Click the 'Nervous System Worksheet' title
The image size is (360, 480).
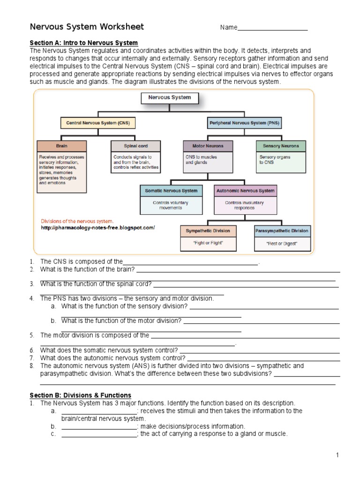point(87,27)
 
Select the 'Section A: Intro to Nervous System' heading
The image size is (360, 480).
point(83,43)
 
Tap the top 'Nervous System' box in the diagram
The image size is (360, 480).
point(170,98)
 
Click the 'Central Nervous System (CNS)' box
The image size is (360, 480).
point(97,123)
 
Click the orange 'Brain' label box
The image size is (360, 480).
point(62,146)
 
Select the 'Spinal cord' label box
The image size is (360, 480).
point(135,146)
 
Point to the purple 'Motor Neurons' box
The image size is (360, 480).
point(208,146)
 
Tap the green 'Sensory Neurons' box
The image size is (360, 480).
point(281,146)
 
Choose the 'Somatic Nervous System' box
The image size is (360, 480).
point(171,191)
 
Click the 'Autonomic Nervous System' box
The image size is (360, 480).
point(244,191)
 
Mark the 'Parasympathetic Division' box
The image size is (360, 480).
point(282,231)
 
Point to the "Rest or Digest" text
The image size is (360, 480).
point(282,244)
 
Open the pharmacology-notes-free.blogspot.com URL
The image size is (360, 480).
point(97,228)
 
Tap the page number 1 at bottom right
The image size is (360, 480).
point(337,455)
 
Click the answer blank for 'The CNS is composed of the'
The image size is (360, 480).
point(190,262)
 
